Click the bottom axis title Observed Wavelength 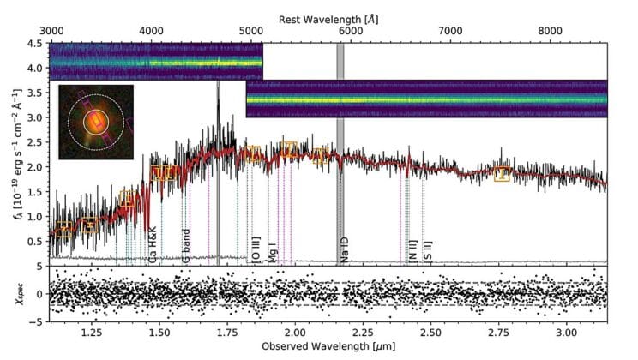click(x=328, y=351)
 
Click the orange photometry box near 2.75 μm click(x=502, y=174)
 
